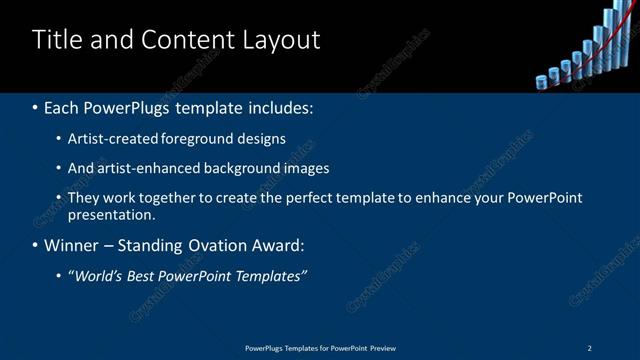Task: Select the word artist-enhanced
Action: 143,168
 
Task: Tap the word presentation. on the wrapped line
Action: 112,214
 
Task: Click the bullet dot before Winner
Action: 36,245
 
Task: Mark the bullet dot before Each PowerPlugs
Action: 36,106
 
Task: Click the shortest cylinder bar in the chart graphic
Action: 542,82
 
